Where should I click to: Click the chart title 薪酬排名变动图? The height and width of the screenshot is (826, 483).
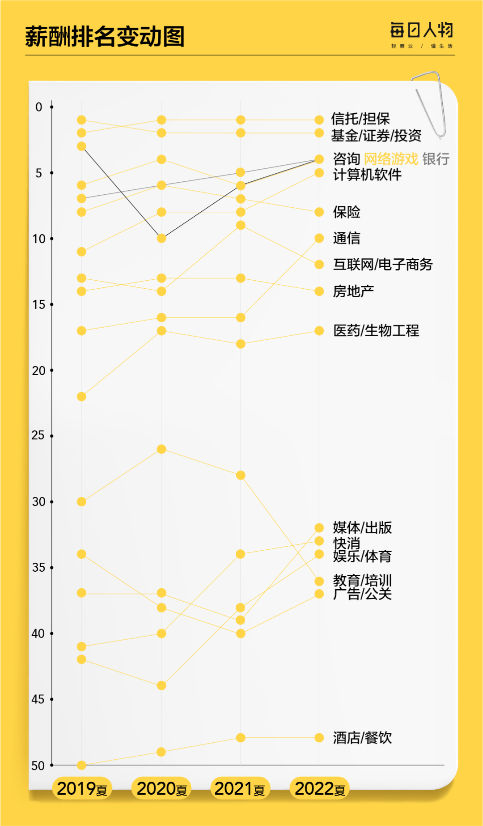105,37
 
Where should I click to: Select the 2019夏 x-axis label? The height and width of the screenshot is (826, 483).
82,788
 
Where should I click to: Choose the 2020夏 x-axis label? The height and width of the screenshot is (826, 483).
161,788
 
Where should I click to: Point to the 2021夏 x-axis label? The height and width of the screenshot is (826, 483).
240,788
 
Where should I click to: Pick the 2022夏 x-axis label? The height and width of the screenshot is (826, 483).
320,788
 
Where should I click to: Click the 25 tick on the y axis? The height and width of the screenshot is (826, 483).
38,435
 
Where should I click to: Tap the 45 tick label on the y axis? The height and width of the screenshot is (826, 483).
38,699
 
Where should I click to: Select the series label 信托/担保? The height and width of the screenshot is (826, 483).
360,119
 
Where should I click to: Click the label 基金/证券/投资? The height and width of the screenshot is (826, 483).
376,135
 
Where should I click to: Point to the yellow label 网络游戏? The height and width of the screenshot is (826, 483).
391,159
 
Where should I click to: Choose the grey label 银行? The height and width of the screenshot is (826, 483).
436,159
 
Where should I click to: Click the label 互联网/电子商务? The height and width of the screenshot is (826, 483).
383,265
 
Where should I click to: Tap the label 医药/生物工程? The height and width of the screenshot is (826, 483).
376,331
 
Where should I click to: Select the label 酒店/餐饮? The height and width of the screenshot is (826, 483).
362,738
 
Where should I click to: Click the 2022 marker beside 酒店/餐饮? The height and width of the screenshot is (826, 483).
319,738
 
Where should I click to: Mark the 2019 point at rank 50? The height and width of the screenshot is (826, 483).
81,765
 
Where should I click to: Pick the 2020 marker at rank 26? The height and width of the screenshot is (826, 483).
161,449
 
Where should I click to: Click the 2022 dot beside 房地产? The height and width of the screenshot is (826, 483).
319,291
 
